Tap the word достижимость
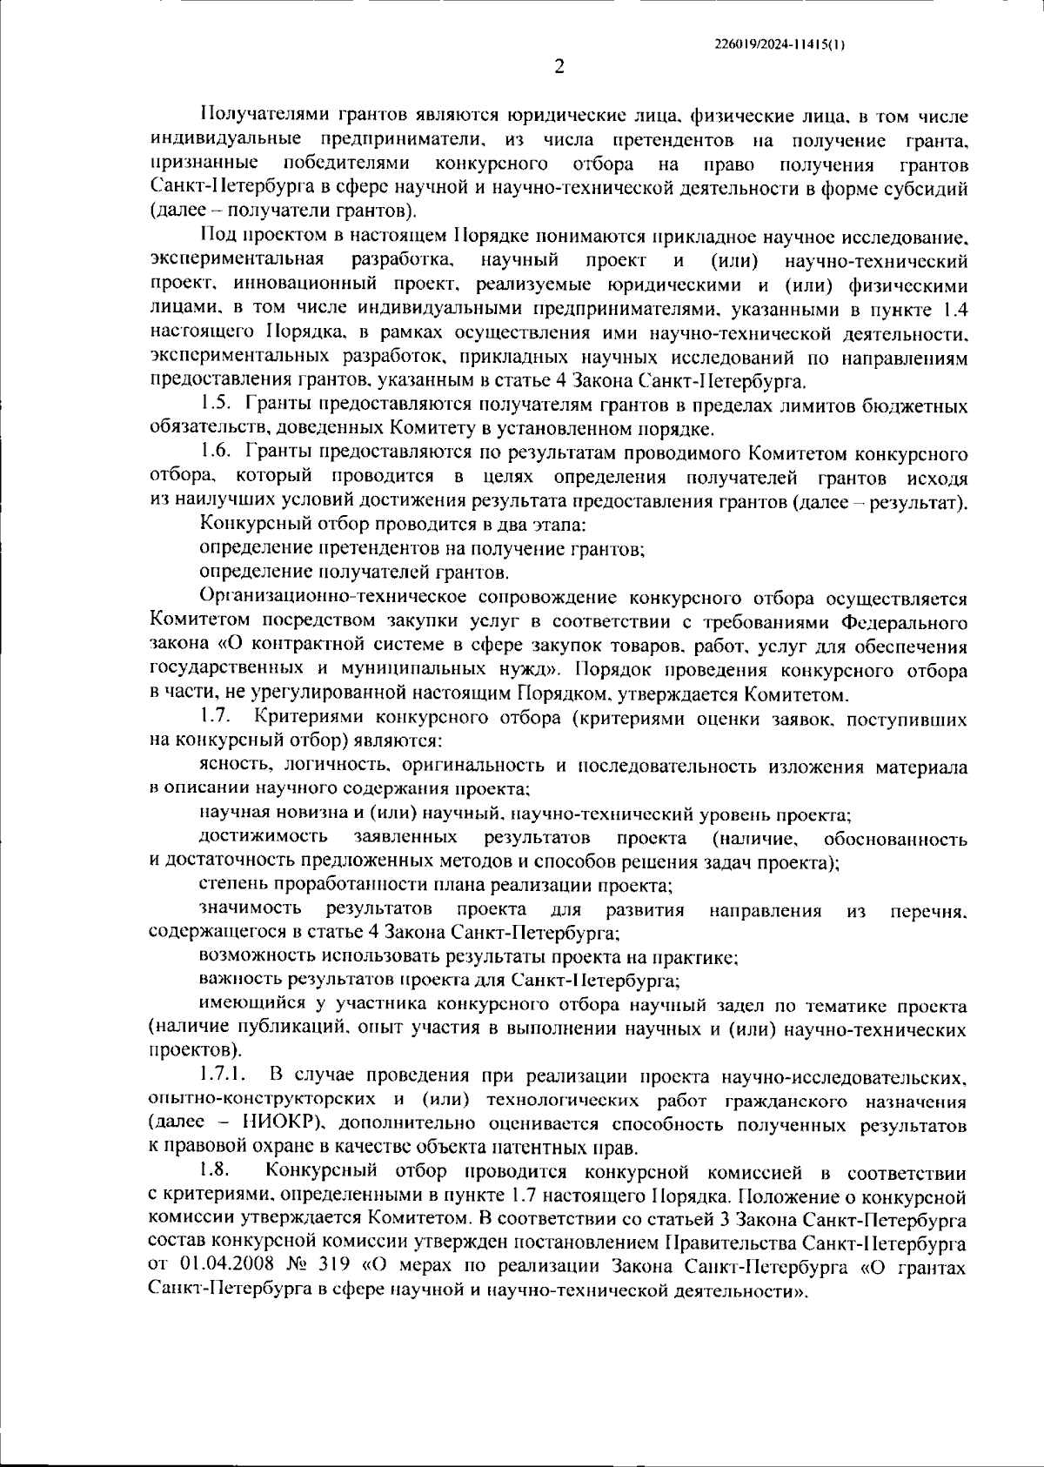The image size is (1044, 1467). click(x=264, y=837)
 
